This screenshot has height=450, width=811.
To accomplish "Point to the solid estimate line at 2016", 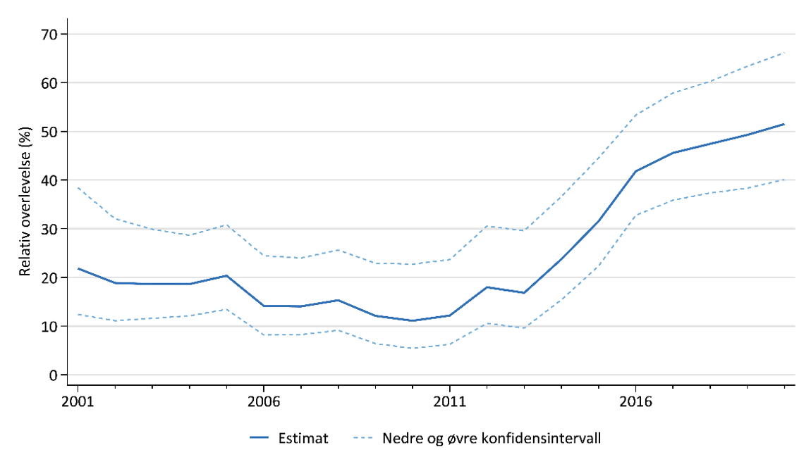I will point(635,171).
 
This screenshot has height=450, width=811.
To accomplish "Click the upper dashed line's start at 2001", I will point(78,188).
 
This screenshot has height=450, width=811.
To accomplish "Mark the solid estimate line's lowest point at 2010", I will point(413,320).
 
